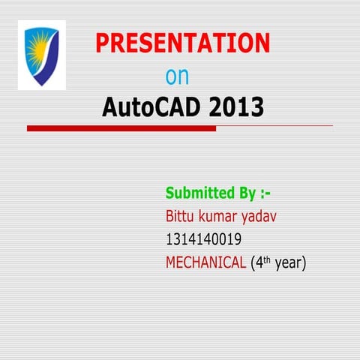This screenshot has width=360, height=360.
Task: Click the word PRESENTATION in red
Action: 182,43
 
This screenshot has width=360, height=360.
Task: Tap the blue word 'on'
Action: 177,76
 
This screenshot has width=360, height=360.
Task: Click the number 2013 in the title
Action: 237,108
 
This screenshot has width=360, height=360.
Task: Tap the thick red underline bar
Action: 121,128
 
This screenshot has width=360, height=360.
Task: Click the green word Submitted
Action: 199,193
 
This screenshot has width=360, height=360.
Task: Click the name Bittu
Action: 181,217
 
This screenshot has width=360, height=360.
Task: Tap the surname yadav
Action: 265,217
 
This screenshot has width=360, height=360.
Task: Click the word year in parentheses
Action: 289,263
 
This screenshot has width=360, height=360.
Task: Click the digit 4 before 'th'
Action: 259,263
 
